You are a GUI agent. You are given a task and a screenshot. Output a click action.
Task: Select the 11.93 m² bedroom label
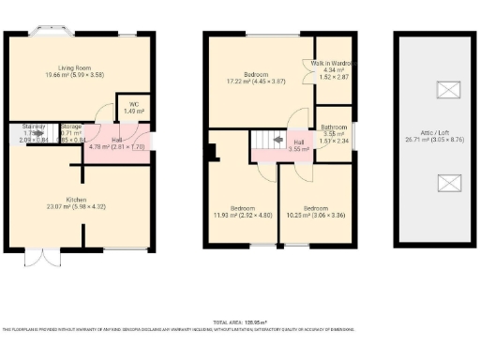[x=243, y=212]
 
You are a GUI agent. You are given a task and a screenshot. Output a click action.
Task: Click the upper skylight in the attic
[x=449, y=89]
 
